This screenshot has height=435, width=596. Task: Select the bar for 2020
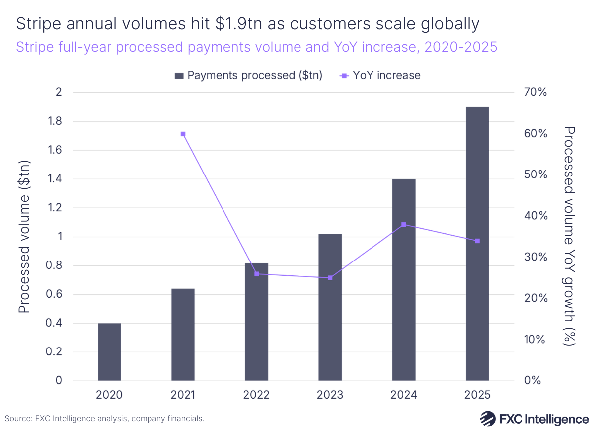[x=109, y=352]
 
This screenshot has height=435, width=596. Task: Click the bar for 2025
[x=477, y=244]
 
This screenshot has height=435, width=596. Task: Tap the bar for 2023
[x=330, y=307]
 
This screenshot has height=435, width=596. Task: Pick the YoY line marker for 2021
[x=183, y=134]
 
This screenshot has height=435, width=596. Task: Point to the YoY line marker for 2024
[x=404, y=225]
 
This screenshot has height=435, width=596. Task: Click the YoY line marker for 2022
[x=257, y=274]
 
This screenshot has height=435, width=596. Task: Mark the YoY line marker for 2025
[x=477, y=241]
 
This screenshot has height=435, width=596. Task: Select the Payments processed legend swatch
[x=179, y=76]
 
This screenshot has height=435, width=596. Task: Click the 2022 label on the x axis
[x=257, y=395]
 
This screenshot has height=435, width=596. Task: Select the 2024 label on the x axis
[x=404, y=395]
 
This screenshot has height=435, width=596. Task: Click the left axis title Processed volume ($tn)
[x=24, y=236]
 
